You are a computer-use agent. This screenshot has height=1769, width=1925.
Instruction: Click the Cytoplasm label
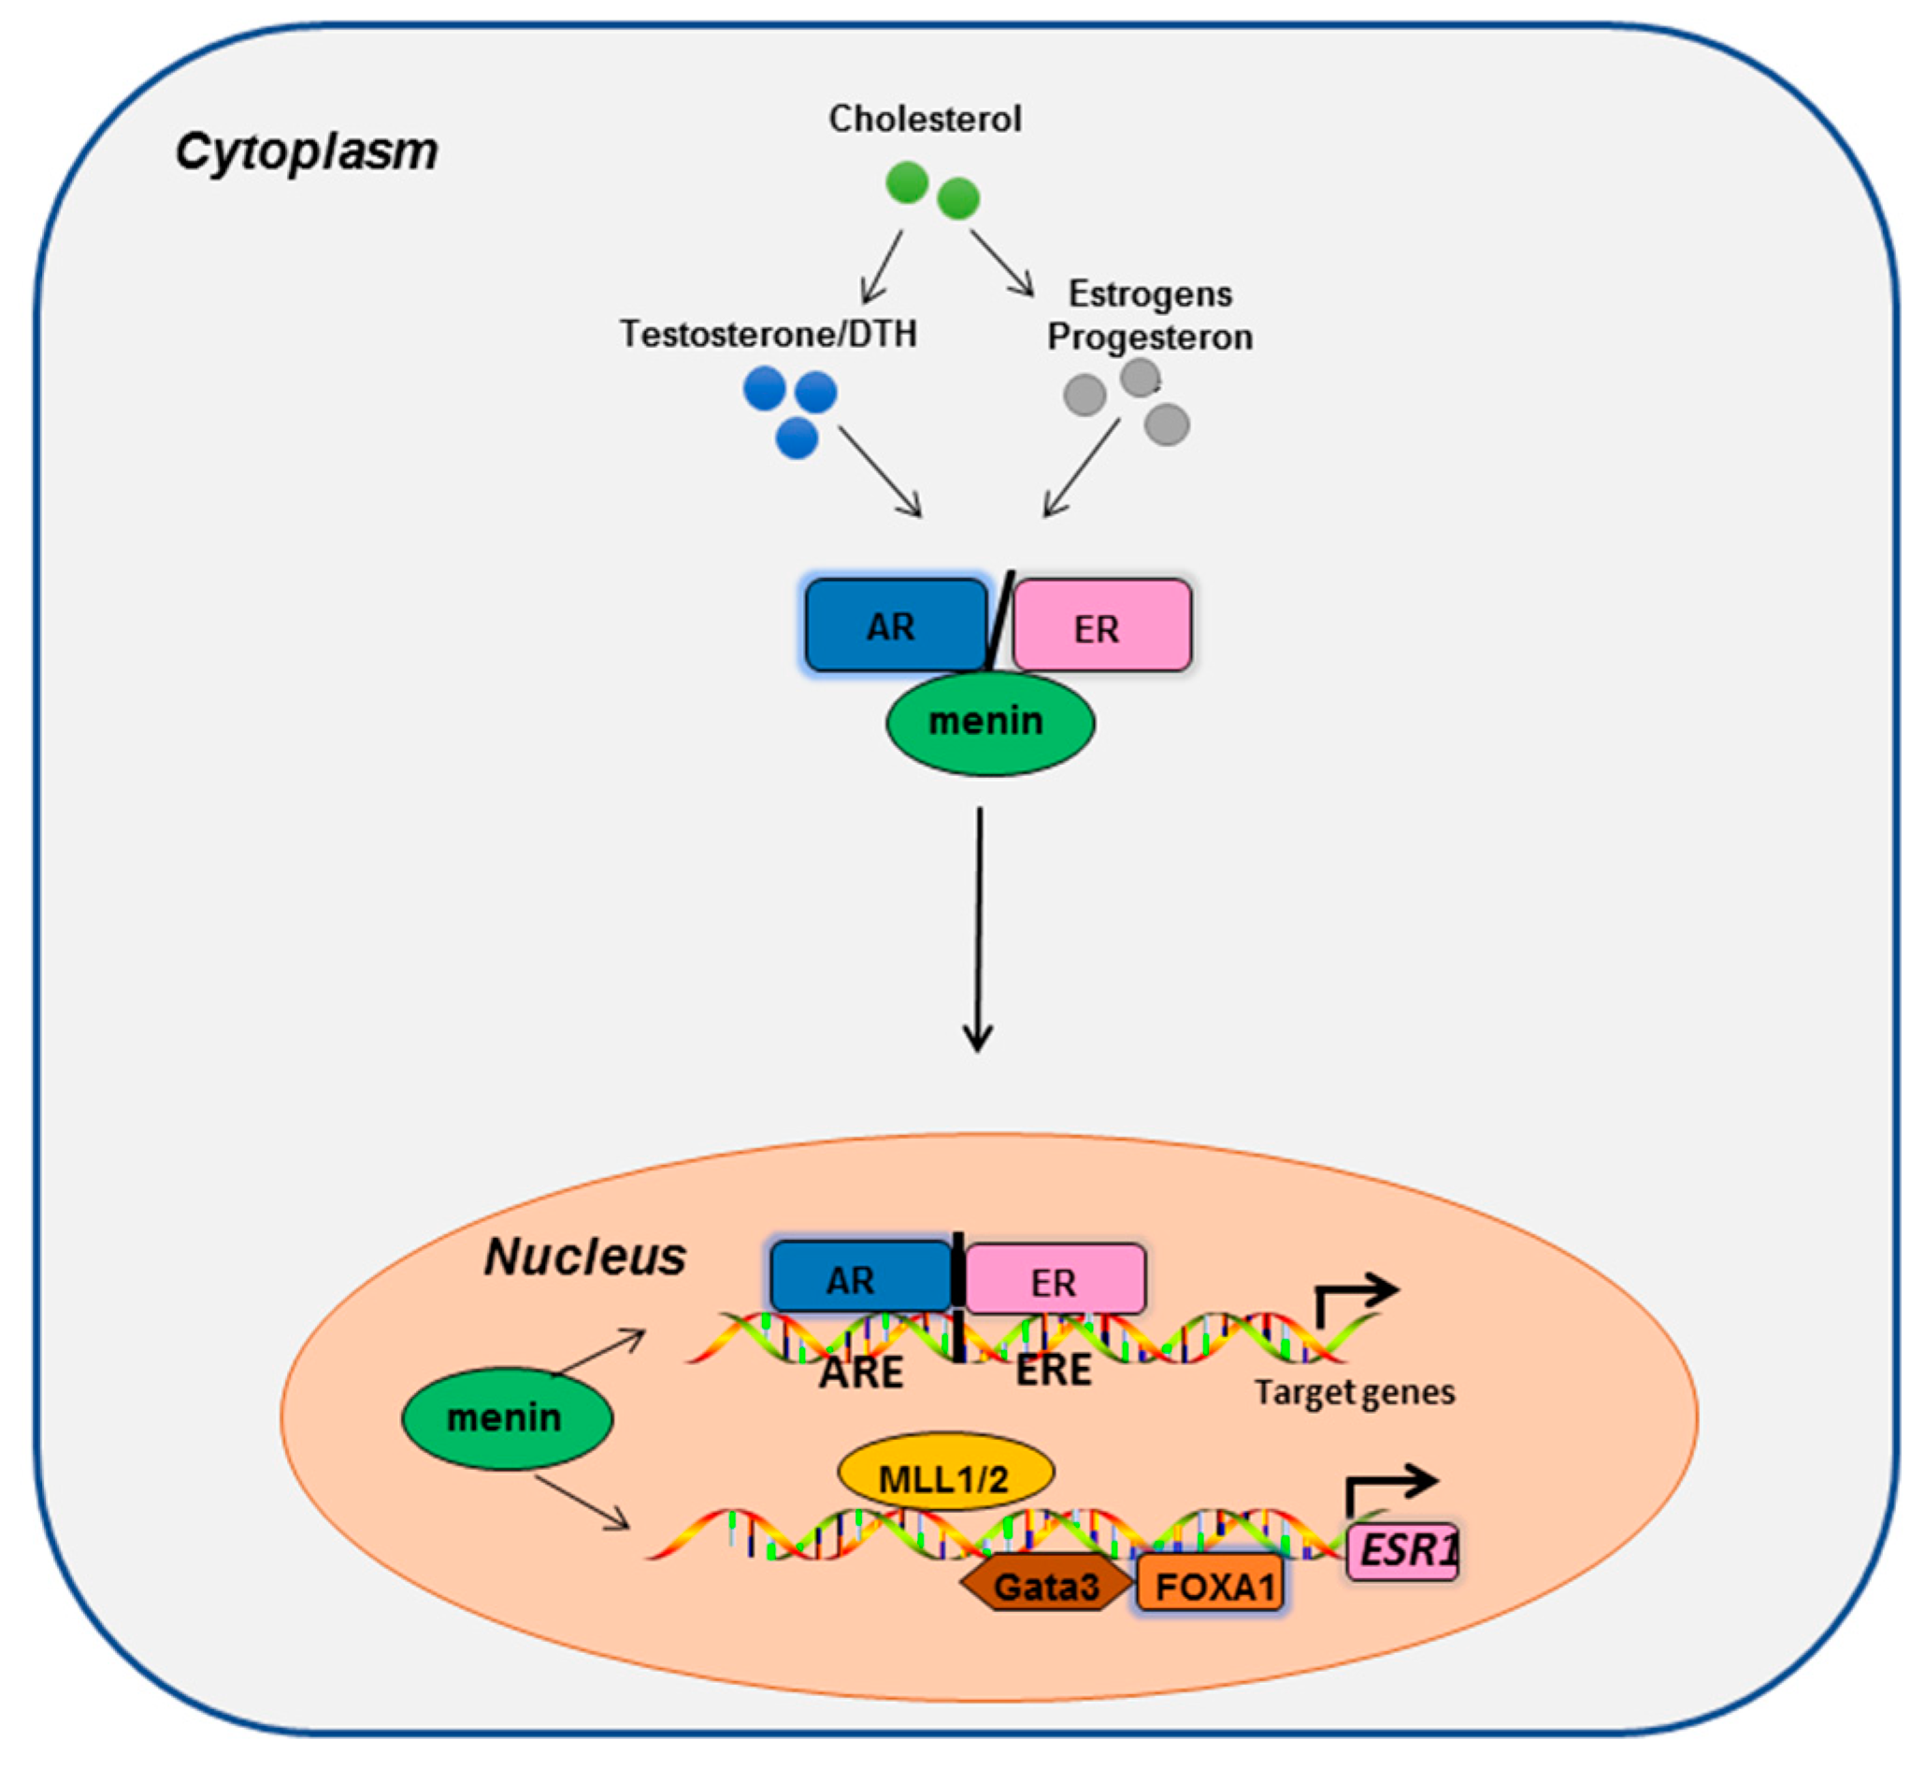307,151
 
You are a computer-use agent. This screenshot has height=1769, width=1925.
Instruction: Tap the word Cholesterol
925,119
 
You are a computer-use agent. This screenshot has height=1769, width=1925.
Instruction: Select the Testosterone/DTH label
768,334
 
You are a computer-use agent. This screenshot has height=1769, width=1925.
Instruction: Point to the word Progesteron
1150,337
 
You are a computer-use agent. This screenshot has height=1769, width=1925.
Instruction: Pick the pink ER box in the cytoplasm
1100,626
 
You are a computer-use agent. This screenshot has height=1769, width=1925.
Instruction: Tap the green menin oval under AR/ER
989,721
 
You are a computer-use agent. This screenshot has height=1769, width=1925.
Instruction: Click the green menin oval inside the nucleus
506,1417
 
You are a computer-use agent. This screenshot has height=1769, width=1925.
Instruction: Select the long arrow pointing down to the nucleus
978,928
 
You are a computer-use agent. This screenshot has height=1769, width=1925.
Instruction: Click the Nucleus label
585,1257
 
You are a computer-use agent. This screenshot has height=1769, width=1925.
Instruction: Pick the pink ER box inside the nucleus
1054,1280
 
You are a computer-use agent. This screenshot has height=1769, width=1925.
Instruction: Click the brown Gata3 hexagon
1045,1587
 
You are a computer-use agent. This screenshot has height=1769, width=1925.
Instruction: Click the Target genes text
1354,1392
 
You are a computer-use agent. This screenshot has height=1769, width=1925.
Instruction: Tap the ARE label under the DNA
860,1373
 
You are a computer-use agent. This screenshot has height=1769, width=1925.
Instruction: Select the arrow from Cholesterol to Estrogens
1002,264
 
